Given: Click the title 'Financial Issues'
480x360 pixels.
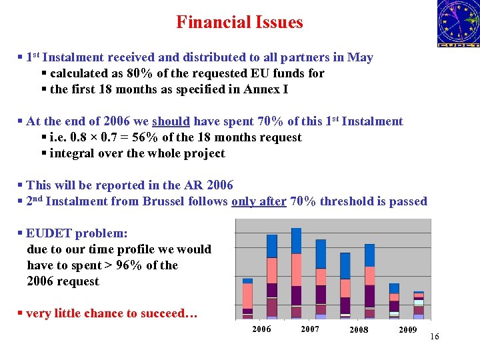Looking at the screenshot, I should (x=239, y=22).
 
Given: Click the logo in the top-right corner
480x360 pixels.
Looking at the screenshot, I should (x=458, y=23).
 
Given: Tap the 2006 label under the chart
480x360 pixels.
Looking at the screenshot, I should (x=261, y=329).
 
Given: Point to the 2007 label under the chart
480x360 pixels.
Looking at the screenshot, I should (x=310, y=329).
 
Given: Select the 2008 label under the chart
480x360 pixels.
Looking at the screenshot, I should (x=359, y=330).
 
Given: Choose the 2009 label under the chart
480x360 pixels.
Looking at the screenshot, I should (x=407, y=330).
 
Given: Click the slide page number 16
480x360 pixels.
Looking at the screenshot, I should (x=435, y=337).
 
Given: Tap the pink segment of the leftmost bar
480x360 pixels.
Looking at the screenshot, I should (x=247, y=295).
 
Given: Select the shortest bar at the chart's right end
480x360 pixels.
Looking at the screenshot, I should (x=419, y=305).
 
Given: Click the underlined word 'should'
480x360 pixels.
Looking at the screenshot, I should (x=171, y=121).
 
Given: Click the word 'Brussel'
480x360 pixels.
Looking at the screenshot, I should (x=165, y=201).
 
